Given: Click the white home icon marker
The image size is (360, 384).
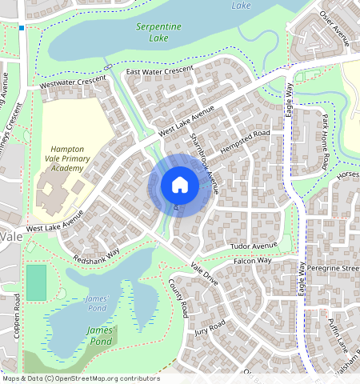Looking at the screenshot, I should click(180, 186).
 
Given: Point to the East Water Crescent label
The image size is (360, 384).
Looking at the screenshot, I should click(160, 71).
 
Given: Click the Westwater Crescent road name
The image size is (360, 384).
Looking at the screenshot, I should click(67, 81).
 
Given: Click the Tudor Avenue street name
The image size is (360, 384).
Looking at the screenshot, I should click(253, 245).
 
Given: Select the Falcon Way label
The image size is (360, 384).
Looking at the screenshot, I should click(253, 261).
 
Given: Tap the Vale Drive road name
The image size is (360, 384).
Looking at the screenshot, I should click(204, 274).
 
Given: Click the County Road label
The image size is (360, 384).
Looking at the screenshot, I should click(178, 297).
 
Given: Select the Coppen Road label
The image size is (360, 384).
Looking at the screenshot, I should click(17, 315).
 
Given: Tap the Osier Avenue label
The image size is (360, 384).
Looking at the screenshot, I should click(336, 32).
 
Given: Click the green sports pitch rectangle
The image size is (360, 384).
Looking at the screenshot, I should click(36, 282).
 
